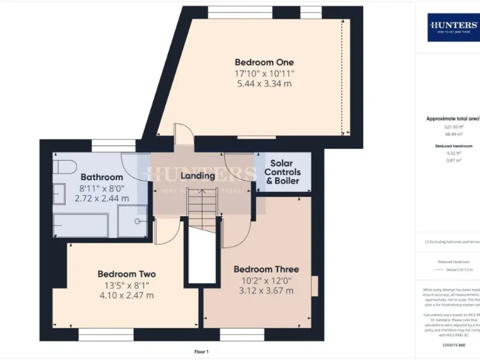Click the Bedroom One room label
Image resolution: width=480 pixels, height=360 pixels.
tap(264, 62)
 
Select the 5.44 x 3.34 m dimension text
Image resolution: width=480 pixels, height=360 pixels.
tap(264, 84)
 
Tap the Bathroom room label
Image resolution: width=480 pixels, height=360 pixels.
tap(102, 177)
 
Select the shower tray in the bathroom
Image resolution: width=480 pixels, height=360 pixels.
tap(132, 222)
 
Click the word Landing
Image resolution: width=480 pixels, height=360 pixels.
tap(197, 176)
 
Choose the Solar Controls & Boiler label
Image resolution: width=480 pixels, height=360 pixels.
tap(282, 172)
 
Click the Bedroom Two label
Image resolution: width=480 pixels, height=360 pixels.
tap(126, 274)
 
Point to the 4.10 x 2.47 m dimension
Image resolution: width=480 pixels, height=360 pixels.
tap(126, 296)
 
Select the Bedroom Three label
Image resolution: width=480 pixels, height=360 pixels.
tap(266, 269)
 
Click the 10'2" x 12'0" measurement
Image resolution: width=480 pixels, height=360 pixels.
tap(266, 280)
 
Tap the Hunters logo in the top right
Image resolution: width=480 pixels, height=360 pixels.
tap(453, 26)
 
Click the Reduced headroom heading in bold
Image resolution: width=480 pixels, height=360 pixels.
tap(453, 146)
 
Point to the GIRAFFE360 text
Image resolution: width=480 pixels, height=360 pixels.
tap(453, 345)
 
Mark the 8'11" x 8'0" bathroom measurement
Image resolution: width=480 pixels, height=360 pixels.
tap(102, 188)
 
